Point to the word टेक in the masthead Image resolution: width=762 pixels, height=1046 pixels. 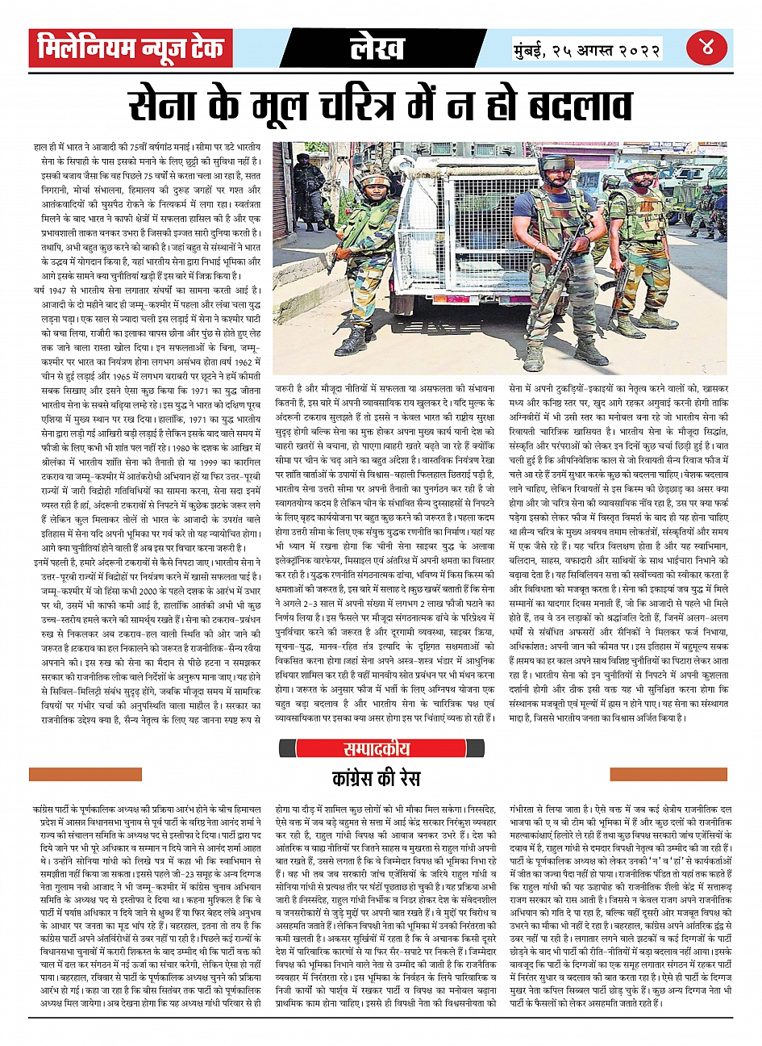(x=202, y=49)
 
